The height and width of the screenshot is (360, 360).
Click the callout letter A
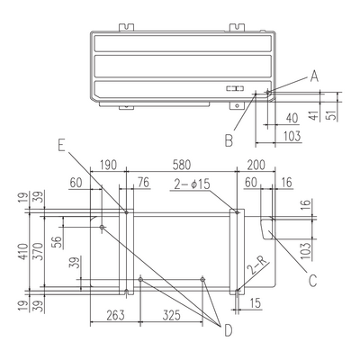[x=314, y=76]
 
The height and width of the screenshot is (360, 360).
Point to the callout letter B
[x=229, y=140]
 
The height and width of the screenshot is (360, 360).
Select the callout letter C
[x=313, y=281]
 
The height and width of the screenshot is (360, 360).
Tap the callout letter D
[x=229, y=331]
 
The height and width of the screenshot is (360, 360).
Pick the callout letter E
[x=61, y=146]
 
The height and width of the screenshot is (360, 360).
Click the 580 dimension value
[x=182, y=165]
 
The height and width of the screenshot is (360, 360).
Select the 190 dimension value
[x=108, y=165]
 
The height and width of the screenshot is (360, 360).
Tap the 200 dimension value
[x=256, y=165]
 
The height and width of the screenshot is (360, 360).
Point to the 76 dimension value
[x=143, y=183]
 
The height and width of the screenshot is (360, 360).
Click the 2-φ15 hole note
[x=192, y=184]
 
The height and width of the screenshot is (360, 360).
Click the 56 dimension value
[x=58, y=242]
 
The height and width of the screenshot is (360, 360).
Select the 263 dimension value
[x=115, y=315]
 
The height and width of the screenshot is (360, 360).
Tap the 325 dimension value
[x=171, y=315]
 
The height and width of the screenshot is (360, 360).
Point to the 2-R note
[x=257, y=266]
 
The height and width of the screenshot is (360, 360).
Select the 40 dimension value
[x=292, y=118]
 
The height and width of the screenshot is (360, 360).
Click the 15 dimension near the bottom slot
[x=255, y=303]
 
